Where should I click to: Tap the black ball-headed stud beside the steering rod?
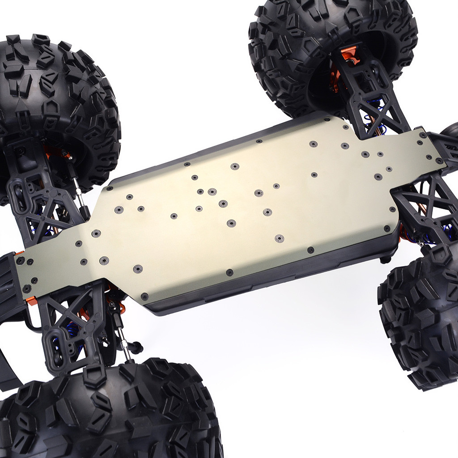[x=136, y=346]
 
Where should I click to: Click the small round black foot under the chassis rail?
[x=385, y=259]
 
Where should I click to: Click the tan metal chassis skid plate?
[x=242, y=210]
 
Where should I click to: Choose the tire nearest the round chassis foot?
[x=420, y=322]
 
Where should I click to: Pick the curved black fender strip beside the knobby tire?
[x=9, y=367]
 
